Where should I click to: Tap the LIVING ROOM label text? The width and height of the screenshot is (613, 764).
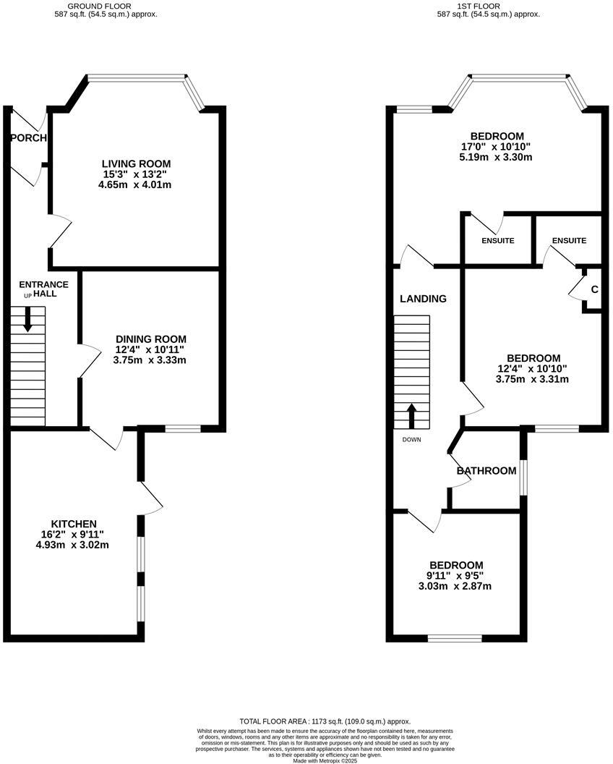[x=136, y=164]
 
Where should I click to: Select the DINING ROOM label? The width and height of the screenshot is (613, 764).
[x=150, y=339]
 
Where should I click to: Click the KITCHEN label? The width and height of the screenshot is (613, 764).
[x=73, y=524]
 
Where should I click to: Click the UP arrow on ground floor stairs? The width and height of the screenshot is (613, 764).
[x=27, y=319]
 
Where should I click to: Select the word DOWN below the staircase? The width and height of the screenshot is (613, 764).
[x=412, y=439]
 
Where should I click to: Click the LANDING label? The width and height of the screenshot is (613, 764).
[x=423, y=298]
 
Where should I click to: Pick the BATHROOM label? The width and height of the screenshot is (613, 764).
[x=486, y=471]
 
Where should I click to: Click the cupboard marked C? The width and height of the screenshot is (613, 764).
[x=594, y=289]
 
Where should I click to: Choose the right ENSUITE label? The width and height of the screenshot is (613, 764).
[x=568, y=240]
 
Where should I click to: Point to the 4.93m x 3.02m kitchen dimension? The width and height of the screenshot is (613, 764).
[x=73, y=545]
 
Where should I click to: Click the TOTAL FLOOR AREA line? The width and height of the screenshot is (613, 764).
[x=325, y=721]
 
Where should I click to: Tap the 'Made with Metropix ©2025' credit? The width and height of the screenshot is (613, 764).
[x=325, y=760]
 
